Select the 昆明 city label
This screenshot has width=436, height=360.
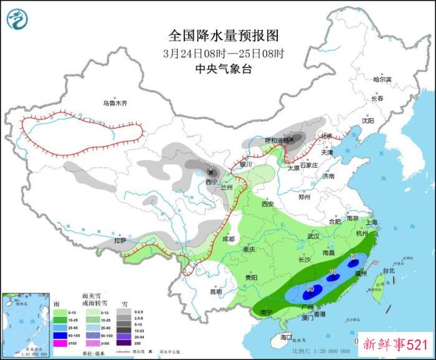215,291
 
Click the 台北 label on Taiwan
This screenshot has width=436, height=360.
389,271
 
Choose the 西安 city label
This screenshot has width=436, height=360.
268,204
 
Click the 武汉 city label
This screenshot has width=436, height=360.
313,237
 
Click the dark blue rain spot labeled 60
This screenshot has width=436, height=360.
353,257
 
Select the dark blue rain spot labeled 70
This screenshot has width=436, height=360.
333,274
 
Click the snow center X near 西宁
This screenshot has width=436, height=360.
211,172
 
